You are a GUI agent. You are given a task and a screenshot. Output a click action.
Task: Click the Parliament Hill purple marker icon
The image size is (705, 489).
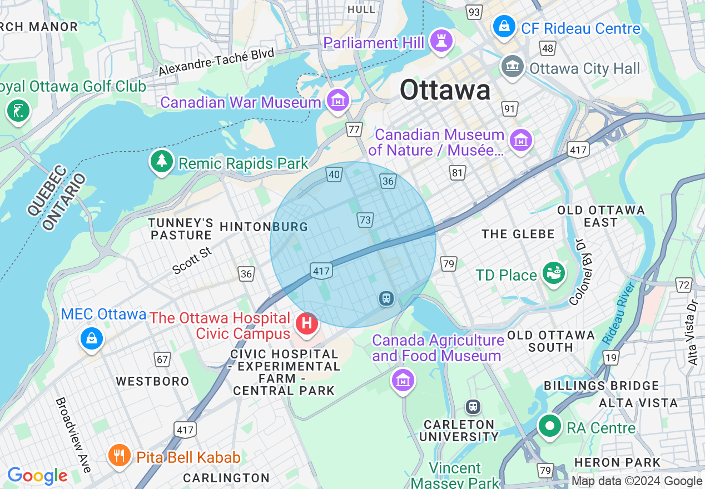[441, 41]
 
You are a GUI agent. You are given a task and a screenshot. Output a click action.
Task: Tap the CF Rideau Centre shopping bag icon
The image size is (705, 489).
[504, 26]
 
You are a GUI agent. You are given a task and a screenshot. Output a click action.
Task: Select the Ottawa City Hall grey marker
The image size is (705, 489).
[512, 67]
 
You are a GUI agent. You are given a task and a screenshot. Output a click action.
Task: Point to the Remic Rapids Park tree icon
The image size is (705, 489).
[162, 161]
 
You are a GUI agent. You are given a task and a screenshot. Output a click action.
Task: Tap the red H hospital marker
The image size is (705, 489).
[306, 324]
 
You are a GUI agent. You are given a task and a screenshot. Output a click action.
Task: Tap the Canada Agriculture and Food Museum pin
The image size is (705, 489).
[403, 381]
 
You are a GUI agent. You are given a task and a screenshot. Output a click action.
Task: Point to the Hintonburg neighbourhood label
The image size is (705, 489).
[264, 227]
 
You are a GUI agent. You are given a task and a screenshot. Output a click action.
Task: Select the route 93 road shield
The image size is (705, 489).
[474, 12]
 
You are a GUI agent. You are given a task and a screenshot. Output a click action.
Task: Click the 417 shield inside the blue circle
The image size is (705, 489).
[321, 271]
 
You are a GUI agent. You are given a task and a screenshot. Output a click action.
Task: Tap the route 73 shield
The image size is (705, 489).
[365, 220]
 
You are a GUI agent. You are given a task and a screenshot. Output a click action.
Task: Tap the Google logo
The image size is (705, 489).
[37, 476]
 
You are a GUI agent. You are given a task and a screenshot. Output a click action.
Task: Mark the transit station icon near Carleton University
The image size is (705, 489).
[473, 407]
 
